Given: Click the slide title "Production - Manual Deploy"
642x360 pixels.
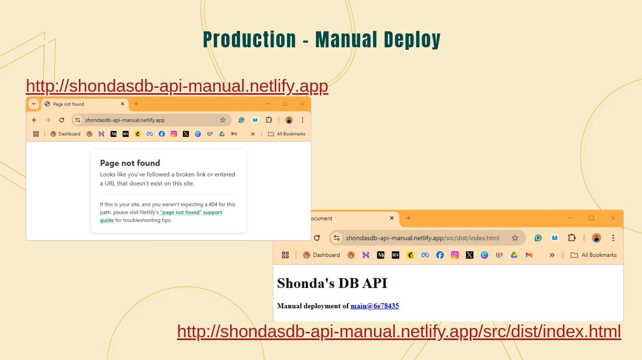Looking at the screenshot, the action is tap(322, 39).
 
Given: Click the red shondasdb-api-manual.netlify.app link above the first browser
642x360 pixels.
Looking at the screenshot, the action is tap(177, 86).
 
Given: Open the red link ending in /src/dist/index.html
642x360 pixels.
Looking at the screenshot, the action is tap(399, 332).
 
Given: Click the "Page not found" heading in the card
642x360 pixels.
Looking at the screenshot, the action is tap(130, 163).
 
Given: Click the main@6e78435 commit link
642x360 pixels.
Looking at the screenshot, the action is tap(375, 306).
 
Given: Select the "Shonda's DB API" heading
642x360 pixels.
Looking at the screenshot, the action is tap(332, 283).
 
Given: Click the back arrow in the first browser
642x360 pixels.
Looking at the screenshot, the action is tap(35, 120).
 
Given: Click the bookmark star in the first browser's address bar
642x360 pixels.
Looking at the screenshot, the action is tap(223, 120).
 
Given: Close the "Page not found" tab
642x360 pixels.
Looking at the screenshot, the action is tap(122, 104).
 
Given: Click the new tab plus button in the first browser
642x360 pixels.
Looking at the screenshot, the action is tap(136, 104).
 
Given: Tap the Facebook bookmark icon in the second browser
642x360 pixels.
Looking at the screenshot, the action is tap(440, 255).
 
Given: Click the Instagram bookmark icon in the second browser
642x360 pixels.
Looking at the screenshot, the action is tap(455, 255).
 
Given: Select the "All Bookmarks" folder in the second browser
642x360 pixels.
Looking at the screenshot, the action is tap(594, 255).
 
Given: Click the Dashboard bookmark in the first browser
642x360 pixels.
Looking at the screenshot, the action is tap(65, 134).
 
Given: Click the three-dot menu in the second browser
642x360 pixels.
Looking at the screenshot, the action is tap(613, 238).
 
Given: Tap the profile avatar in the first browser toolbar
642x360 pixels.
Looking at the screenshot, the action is tap(289, 120).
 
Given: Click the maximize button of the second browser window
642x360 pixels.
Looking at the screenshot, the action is tap(591, 218).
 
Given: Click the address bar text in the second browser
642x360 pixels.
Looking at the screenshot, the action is tap(422, 238).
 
